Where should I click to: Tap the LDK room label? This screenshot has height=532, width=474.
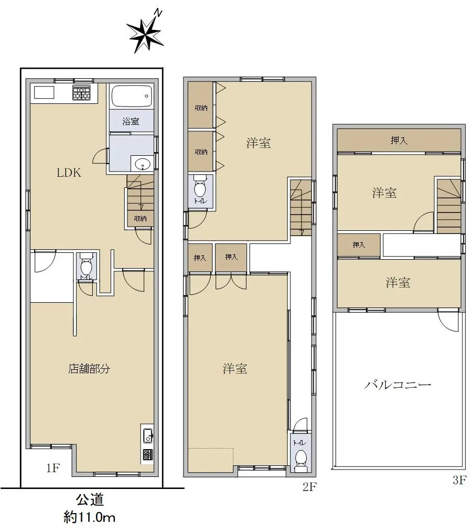(69, 173)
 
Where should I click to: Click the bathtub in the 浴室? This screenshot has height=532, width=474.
(132, 97)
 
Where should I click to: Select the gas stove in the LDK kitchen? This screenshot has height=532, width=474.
(82, 93)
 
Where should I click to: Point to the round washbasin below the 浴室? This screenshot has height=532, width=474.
(142, 164)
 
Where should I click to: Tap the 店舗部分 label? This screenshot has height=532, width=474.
(89, 368)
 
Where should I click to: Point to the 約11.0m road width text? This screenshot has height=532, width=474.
(90, 517)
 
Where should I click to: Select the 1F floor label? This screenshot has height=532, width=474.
(53, 468)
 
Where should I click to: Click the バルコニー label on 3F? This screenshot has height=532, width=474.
(397, 385)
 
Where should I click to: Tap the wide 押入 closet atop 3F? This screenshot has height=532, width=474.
(399, 141)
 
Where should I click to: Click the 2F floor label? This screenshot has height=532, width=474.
(309, 487)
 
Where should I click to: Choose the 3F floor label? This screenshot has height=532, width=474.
(459, 480)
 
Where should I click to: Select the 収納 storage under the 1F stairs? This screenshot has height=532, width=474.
(141, 219)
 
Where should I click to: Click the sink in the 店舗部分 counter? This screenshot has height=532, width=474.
(147, 435)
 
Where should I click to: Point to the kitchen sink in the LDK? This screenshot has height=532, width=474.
(44, 93)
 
